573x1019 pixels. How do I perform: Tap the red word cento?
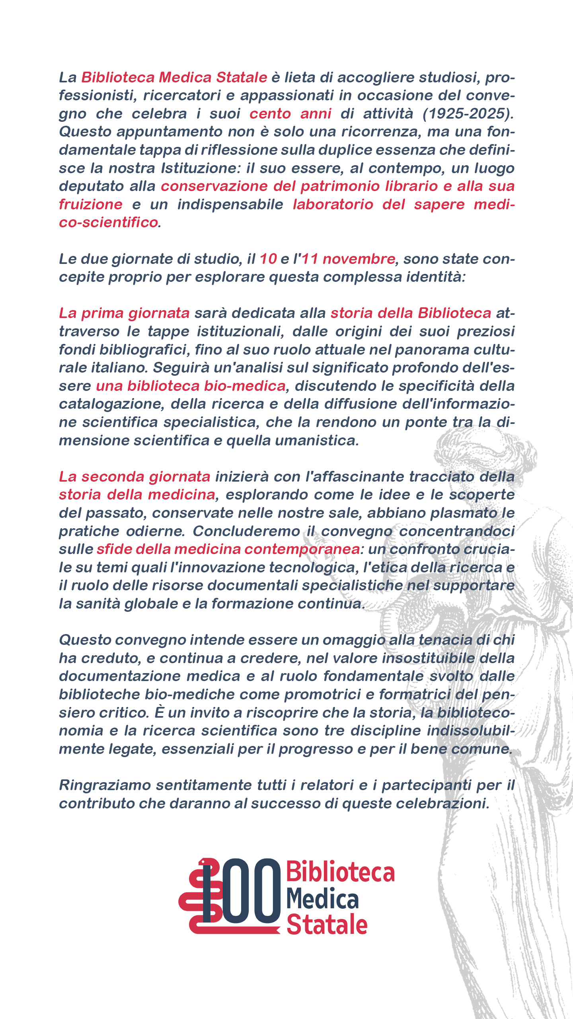(270, 114)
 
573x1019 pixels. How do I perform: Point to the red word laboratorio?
(333, 205)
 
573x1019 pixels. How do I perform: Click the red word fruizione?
(91, 205)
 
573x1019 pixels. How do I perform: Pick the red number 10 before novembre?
(268, 259)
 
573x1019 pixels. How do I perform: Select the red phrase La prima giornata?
(124, 313)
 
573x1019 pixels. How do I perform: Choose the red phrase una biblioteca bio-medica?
(191, 386)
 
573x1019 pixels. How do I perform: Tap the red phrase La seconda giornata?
(134, 476)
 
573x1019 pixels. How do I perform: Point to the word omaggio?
(353, 640)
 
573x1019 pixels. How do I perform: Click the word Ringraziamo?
(105, 785)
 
